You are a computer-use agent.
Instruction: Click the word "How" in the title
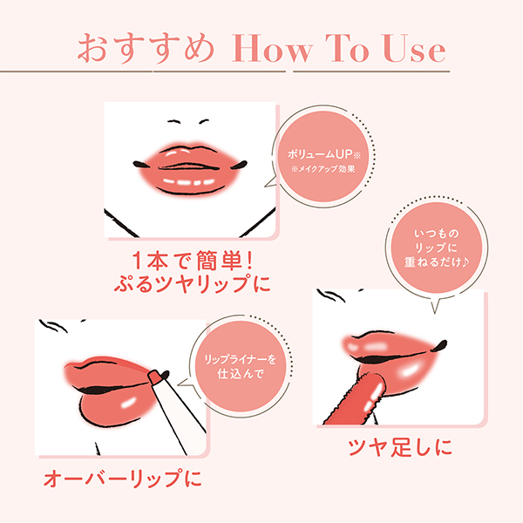(268, 49)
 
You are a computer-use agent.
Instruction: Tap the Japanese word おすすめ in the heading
(146, 49)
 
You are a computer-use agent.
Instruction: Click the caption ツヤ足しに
(400, 450)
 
